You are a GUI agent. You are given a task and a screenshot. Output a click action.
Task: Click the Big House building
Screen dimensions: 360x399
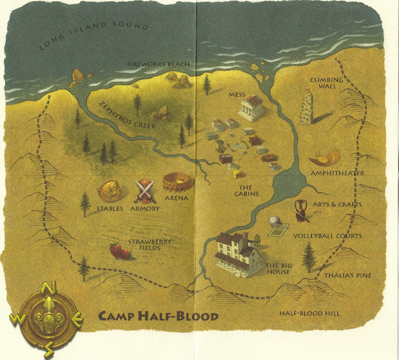click(x=239, y=253)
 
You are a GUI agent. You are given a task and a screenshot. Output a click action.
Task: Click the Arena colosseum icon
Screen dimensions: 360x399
click(x=176, y=183)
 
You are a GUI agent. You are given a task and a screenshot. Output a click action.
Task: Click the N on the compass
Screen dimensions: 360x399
click(x=47, y=288)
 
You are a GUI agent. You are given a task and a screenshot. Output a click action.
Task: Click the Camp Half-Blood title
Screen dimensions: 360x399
click(x=158, y=316)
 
